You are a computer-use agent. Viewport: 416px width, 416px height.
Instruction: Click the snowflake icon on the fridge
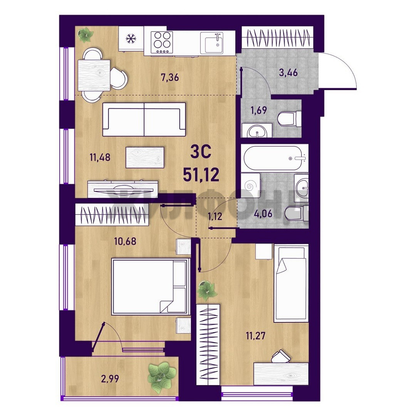(x=131, y=39)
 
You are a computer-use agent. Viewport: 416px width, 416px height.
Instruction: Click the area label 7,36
(x=170, y=77)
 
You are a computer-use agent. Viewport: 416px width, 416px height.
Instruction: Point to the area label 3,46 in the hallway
(x=289, y=72)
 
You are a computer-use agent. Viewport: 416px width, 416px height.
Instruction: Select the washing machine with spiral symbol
(x=251, y=185)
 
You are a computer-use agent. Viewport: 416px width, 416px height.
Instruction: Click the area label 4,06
(x=263, y=213)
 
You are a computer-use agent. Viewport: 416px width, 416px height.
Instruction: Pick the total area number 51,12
(x=201, y=175)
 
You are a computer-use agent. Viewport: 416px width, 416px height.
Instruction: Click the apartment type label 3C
(x=201, y=152)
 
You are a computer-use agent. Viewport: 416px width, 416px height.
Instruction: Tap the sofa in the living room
(x=144, y=119)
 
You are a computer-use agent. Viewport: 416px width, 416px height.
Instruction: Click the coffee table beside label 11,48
(x=145, y=157)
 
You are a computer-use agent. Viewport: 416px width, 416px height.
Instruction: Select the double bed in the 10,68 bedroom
(x=151, y=287)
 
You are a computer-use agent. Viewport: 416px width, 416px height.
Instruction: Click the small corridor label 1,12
(x=215, y=216)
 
